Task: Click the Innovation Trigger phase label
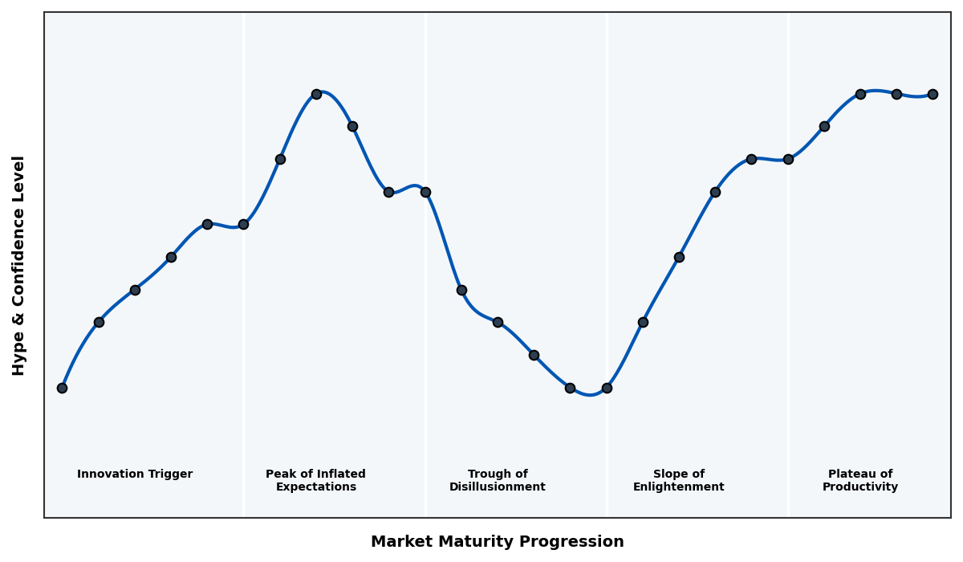135,474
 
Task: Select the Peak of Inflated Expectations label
315,480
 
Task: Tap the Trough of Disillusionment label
497,480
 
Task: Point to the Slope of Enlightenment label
678,480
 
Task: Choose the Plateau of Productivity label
859,480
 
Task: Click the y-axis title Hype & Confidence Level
19,265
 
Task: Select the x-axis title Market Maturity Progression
497,542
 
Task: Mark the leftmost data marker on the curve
62,388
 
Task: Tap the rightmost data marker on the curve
933,94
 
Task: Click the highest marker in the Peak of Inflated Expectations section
316,94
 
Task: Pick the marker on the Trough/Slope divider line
607,388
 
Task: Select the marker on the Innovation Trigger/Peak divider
243,224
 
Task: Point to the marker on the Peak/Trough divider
425,192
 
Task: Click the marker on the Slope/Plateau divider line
788,159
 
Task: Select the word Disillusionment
497,487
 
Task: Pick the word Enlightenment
678,487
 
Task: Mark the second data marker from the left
99,322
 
